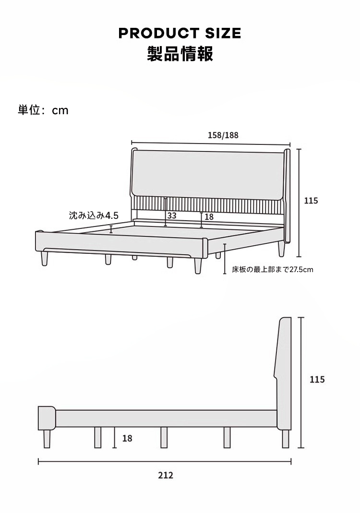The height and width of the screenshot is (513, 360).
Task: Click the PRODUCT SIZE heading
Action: pyautogui.click(x=180, y=33)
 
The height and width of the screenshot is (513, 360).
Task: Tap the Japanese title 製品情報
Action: pyautogui.click(x=180, y=54)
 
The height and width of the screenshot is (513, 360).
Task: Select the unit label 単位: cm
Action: pyautogui.click(x=43, y=110)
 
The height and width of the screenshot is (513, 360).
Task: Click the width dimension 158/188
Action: pyautogui.click(x=223, y=135)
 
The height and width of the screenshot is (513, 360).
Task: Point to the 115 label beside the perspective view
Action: pyautogui.click(x=311, y=201)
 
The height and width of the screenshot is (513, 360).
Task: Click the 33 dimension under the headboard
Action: pyautogui.click(x=172, y=215)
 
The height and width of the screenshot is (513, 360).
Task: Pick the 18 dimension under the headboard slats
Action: pyautogui.click(x=209, y=216)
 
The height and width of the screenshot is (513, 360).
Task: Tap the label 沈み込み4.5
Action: pyautogui.click(x=94, y=215)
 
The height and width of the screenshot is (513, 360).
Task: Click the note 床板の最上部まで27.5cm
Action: pyautogui.click(x=273, y=270)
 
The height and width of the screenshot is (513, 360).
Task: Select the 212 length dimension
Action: pyautogui.click(x=166, y=476)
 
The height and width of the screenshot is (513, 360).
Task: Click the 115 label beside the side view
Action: pyautogui.click(x=317, y=380)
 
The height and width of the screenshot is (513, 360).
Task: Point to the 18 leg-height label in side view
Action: pyautogui.click(x=127, y=438)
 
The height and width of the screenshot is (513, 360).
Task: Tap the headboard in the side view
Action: pyautogui.click(x=283, y=373)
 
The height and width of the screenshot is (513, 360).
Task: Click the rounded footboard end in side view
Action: pyautogui.click(x=47, y=418)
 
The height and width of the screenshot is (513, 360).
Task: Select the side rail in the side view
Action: pyautogui.click(x=166, y=418)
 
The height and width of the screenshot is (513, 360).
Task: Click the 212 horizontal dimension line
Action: pyautogui.click(x=165, y=462)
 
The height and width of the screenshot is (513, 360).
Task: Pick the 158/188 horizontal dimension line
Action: pyautogui.click(x=211, y=143)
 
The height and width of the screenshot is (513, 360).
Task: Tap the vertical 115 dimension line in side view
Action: pyautogui.click(x=301, y=382)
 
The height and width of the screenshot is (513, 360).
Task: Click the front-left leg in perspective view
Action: pyautogui.click(x=45, y=259)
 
